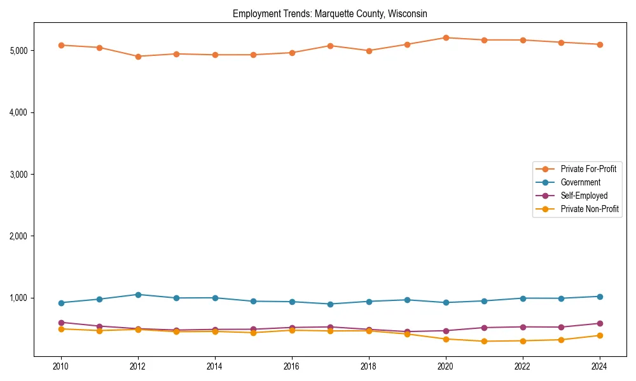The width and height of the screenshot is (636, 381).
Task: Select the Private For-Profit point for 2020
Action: (446, 37)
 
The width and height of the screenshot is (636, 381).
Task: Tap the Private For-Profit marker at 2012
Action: (138, 57)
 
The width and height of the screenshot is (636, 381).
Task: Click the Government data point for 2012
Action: (138, 295)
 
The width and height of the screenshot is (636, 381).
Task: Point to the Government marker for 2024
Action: (600, 297)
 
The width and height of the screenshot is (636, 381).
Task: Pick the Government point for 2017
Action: (330, 304)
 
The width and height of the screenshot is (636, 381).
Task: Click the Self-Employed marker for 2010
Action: (61, 323)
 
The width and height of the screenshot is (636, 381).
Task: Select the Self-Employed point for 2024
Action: (600, 323)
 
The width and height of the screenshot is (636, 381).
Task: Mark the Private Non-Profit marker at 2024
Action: (600, 335)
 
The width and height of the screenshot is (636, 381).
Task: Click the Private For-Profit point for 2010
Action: (61, 45)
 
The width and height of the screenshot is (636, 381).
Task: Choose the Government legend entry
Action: (580, 182)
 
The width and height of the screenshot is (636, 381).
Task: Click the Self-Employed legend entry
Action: (584, 196)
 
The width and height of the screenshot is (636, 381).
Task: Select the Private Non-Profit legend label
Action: (590, 209)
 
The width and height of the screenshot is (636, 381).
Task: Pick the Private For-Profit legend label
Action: (589, 169)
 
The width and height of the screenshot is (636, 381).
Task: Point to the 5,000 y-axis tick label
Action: (21, 51)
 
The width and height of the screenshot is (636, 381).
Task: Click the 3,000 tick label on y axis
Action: (21, 175)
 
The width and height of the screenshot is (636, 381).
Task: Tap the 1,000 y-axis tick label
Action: (21, 298)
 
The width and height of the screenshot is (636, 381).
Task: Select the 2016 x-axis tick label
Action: (292, 366)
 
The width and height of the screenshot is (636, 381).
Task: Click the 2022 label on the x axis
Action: (523, 366)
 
